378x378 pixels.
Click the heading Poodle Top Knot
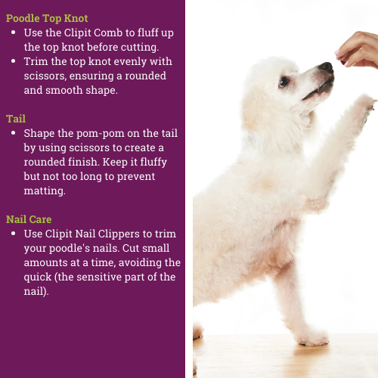pyautogui.click(x=47, y=19)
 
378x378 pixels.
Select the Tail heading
pyautogui.click(x=16, y=119)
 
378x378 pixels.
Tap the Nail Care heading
pyautogui.click(x=29, y=219)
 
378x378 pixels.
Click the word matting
pyautogui.click(x=45, y=191)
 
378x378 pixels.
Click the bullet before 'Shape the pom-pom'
pyautogui.click(x=14, y=133)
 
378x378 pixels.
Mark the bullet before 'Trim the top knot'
pyautogui.click(x=14, y=61)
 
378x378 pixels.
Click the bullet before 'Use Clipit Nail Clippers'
pyautogui.click(x=14, y=234)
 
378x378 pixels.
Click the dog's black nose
pyautogui.click(x=327, y=67)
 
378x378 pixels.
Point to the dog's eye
pyautogui.click(x=283, y=82)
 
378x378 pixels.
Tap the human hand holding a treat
pyautogui.click(x=359, y=51)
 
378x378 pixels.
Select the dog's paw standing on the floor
pyautogui.click(x=313, y=338)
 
